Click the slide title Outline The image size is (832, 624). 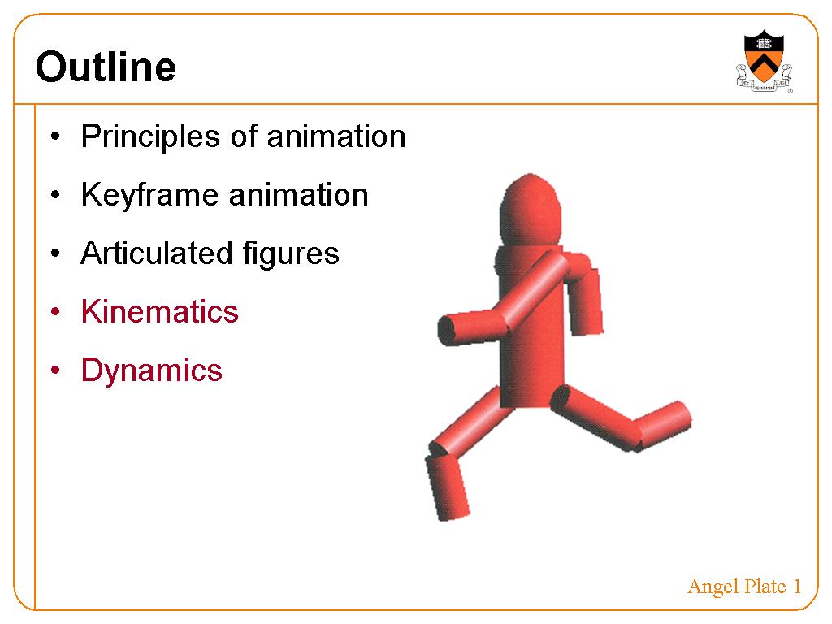coord(106,67)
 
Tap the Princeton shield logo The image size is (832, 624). coord(764,61)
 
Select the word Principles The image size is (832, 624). coord(150,136)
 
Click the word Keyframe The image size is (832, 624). coord(150,195)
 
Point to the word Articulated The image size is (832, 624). coord(157,253)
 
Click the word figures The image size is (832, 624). coord(291,254)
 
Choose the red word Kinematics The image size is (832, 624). coord(160,311)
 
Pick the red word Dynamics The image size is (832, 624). coord(152,370)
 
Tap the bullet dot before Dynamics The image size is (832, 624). coord(56,370)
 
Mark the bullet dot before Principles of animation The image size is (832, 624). coord(56,136)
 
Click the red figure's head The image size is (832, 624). coord(530,210)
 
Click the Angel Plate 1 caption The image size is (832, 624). coord(744,587)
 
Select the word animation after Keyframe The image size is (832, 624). coord(299,195)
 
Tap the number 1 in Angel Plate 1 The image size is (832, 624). coord(797,587)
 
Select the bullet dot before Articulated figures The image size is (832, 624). coord(56,253)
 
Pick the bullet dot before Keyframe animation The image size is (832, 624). coord(56,195)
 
